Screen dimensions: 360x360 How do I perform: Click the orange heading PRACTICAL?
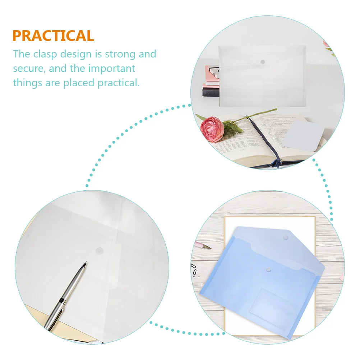(x=53, y=36)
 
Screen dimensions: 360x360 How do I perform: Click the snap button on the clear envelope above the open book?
(x=262, y=62)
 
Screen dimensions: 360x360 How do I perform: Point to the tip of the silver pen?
(x=85, y=263)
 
